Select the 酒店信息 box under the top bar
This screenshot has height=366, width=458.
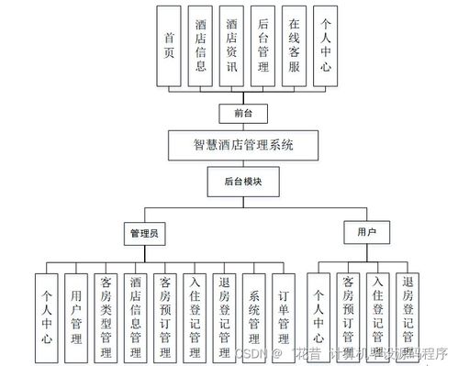click(x=201, y=45)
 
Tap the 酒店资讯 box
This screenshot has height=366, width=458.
click(x=233, y=45)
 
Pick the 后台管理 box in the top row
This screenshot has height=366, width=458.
click(x=263, y=45)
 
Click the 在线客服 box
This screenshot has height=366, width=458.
click(x=294, y=45)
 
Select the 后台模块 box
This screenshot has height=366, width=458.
click(x=244, y=182)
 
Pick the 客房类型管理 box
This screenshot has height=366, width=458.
click(x=106, y=317)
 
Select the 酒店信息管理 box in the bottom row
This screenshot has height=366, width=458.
click(x=136, y=317)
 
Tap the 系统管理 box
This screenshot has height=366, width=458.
click(x=254, y=317)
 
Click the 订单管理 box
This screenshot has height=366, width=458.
click(x=284, y=317)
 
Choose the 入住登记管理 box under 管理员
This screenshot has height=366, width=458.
click(x=195, y=317)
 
